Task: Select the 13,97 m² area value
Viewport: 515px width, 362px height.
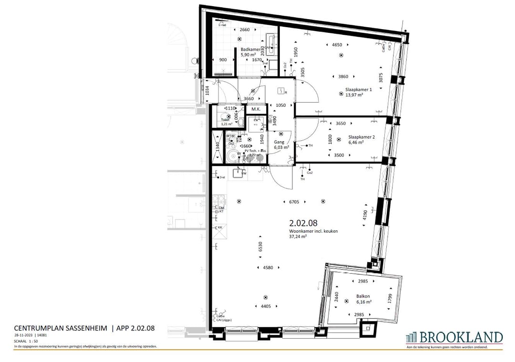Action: pyautogui.click(x=355, y=95)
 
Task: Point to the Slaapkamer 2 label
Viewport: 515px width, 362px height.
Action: pyautogui.click(x=361, y=136)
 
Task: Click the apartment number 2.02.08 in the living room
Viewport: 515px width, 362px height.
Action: pyautogui.click(x=303, y=223)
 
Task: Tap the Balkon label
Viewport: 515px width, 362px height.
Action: pyautogui.click(x=362, y=297)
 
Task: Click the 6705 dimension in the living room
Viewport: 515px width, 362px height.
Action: pyautogui.click(x=294, y=202)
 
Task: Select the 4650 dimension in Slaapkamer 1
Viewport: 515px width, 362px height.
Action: pyautogui.click(x=337, y=45)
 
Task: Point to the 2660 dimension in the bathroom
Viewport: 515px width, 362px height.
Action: pyautogui.click(x=245, y=30)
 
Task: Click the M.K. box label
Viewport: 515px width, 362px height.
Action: pyautogui.click(x=256, y=109)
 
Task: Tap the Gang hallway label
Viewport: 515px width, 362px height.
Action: pyautogui.click(x=279, y=142)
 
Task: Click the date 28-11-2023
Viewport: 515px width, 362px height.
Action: pyautogui.click(x=23, y=336)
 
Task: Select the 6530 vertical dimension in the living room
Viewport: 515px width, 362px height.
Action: pyautogui.click(x=260, y=246)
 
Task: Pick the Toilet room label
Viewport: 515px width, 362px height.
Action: pyautogui.click(x=219, y=120)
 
